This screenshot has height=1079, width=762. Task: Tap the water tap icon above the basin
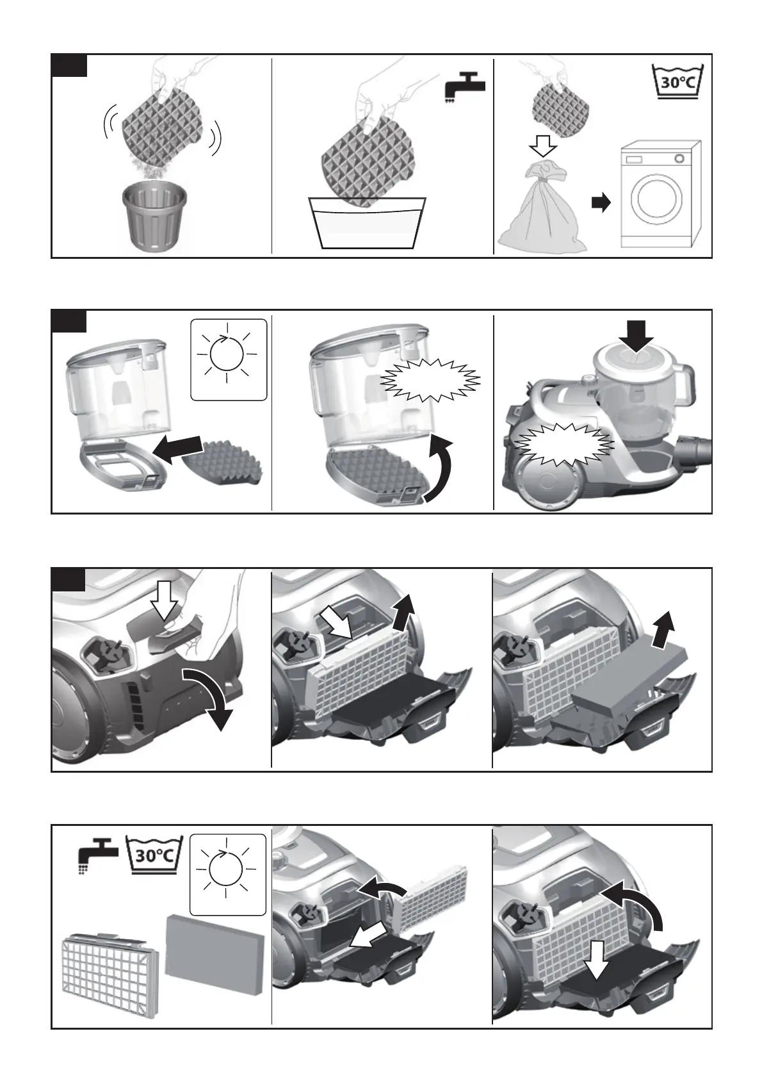466,91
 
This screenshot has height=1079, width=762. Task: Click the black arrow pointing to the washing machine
601,203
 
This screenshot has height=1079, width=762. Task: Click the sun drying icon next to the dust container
229,359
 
